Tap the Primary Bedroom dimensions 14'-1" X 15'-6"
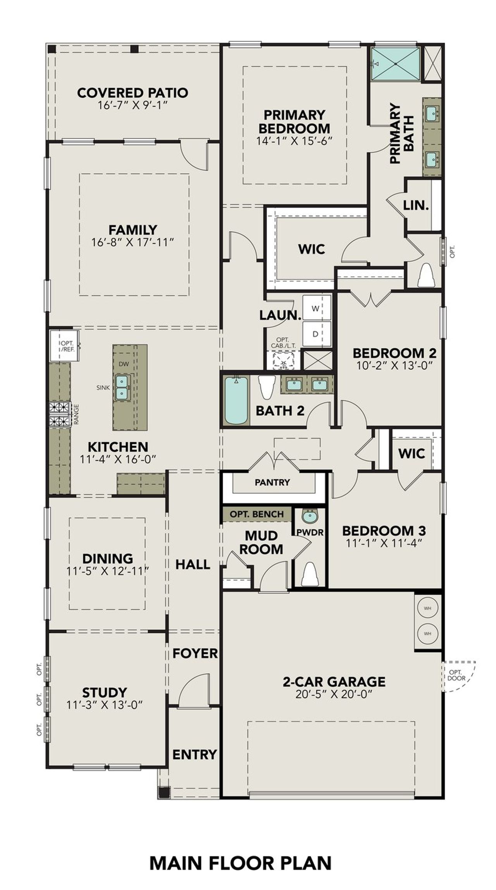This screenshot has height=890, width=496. [x=294, y=141]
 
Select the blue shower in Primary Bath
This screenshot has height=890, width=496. [x=395, y=64]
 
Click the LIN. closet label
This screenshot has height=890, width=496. [x=416, y=205]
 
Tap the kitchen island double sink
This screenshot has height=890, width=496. [x=122, y=387]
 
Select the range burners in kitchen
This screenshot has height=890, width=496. [x=60, y=414]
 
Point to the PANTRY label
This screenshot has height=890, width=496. [x=272, y=482]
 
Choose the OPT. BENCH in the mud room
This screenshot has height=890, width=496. [x=257, y=514]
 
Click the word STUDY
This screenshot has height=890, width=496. [x=105, y=692]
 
